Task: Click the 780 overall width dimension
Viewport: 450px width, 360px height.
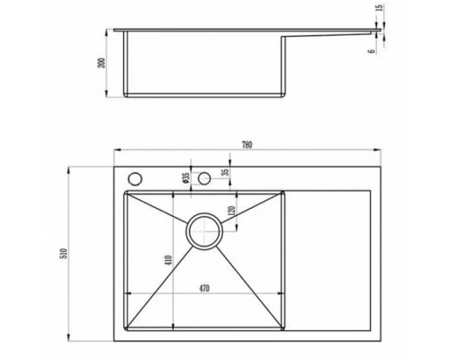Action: tap(247, 145)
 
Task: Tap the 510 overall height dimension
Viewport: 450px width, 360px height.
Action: tap(65, 254)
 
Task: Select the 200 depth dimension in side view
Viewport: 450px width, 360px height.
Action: tap(103, 63)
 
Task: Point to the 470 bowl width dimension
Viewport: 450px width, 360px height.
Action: tap(204, 289)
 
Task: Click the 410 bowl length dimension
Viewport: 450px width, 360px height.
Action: tap(168, 260)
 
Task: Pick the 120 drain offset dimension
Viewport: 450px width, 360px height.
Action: tap(231, 211)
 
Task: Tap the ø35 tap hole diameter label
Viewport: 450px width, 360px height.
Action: tap(186, 178)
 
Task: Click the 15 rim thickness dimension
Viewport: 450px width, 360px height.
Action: tap(379, 8)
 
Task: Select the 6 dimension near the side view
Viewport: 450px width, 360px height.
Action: tap(372, 51)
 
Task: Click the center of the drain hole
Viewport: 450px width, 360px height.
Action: tap(204, 231)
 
